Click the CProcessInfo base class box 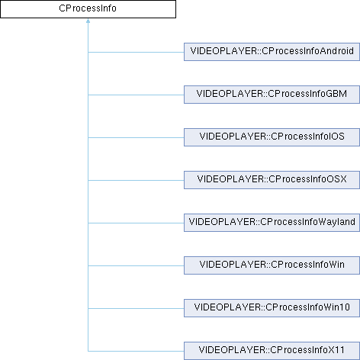point(88,9)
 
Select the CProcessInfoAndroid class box point(272,52)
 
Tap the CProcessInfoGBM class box point(272,95)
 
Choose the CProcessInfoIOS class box point(272,137)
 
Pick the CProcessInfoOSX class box point(272,180)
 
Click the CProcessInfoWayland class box point(272,223)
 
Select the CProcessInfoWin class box point(272,265)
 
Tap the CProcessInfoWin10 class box point(272,308)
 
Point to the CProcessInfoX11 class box point(272,351)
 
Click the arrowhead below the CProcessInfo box point(88,21)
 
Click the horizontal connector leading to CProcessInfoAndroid point(136,52)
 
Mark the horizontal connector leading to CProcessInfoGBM point(136,95)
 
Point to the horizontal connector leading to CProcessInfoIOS point(136,137)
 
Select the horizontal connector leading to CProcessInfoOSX point(136,180)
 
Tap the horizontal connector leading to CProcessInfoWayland point(136,223)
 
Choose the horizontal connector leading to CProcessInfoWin point(136,265)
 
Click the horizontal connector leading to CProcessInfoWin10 point(136,308)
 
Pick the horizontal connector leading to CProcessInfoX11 point(136,351)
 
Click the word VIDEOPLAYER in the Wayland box point(222,222)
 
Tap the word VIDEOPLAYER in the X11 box point(232,350)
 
